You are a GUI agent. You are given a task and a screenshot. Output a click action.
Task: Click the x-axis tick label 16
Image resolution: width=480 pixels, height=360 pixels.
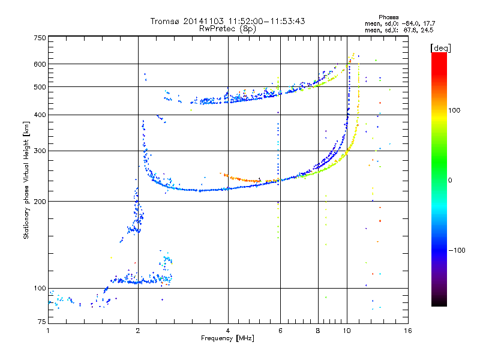point(407,331)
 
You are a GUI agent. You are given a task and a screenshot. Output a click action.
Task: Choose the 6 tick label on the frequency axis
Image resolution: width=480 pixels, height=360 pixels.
point(279,331)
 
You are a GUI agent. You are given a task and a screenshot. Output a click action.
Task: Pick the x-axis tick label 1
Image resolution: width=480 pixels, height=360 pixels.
point(48,331)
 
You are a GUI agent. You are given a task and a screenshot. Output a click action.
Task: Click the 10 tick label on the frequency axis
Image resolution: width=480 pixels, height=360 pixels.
point(346,331)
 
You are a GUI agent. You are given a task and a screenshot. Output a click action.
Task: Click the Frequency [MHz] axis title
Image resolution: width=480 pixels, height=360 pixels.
point(227,338)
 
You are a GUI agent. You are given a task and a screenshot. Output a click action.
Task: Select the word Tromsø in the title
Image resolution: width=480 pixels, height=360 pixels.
point(166,21)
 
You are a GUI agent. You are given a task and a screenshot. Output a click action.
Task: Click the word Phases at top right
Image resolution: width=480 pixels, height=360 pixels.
point(389,16)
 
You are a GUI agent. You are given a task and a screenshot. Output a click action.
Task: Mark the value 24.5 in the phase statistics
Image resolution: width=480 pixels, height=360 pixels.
point(428,29)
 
